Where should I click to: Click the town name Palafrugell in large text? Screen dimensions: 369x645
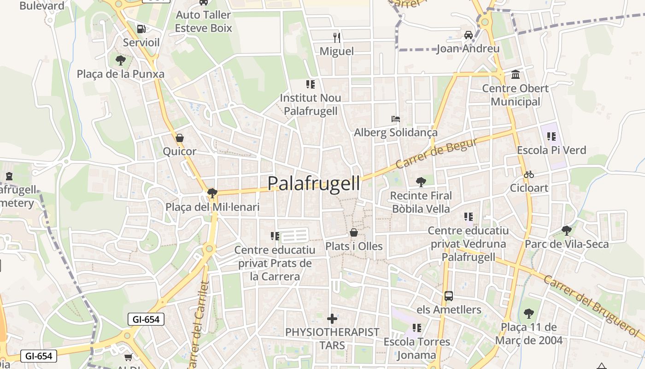click(x=314, y=183)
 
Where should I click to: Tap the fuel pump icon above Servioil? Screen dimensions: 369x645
click(x=141, y=29)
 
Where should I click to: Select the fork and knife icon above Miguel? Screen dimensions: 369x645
click(x=337, y=37)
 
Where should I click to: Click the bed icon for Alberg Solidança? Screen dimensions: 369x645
click(x=395, y=119)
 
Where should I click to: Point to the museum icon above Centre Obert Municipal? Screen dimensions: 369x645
click(x=516, y=74)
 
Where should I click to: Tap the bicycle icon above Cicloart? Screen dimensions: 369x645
click(x=529, y=174)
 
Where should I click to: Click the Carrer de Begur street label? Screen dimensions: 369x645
click(x=436, y=154)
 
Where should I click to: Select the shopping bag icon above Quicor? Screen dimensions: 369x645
click(x=180, y=138)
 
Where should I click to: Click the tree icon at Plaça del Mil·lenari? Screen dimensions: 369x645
click(x=212, y=193)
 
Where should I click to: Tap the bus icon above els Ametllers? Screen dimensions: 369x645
click(x=449, y=296)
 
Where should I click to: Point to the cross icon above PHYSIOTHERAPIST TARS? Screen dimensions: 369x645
click(x=332, y=319)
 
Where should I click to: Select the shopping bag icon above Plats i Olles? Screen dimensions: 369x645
click(x=354, y=232)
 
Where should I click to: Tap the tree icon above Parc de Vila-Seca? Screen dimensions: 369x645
click(x=567, y=230)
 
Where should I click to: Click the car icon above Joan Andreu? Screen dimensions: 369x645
click(x=468, y=35)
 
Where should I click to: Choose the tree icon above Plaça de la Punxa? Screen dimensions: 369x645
click(x=121, y=60)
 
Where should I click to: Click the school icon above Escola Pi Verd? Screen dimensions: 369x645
click(x=551, y=137)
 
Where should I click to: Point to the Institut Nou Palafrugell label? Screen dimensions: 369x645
click(x=311, y=104)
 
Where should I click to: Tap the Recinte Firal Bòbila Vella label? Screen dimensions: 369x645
click(x=421, y=202)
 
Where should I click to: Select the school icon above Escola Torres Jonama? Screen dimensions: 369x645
click(x=417, y=328)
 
